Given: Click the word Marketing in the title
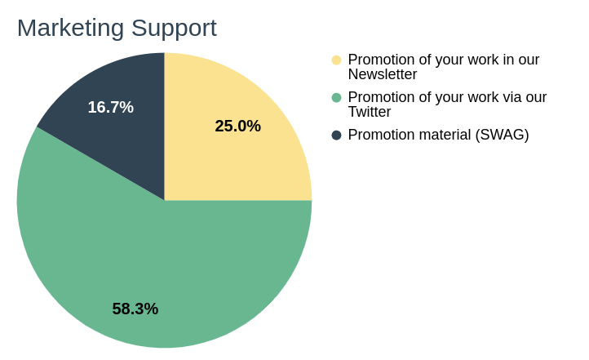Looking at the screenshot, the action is tap(71, 29).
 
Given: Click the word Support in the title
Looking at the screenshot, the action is tap(174, 29).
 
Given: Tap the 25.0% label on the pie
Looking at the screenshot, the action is tap(237, 126).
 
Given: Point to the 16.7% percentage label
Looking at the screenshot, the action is tap(110, 107).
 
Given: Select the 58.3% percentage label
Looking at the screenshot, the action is tap(135, 309).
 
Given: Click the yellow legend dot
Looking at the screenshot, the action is tap(337, 60).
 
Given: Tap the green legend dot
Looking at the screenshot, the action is tap(337, 98).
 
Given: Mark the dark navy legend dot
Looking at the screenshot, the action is tap(337, 136).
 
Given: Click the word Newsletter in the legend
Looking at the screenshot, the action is tap(383, 74).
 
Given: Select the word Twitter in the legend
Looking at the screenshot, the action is tap(370, 112).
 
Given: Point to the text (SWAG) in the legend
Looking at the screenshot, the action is tap(502, 135).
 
